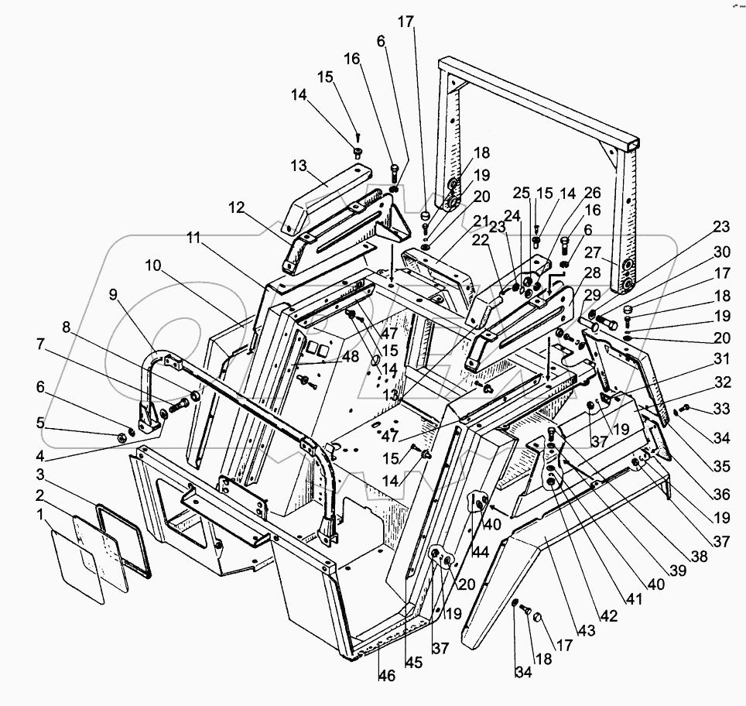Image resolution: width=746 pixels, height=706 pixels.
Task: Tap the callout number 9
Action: [114, 294]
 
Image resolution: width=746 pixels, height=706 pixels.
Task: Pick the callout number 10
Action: [152, 265]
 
